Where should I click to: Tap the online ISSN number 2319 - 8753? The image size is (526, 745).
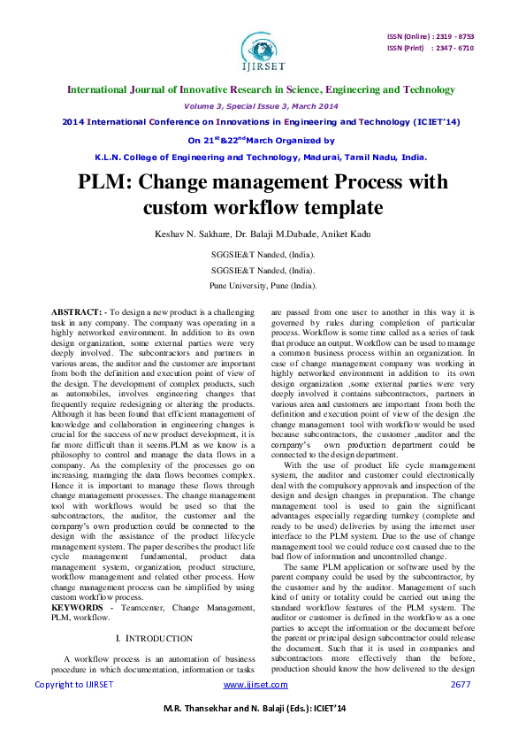(x=453, y=36)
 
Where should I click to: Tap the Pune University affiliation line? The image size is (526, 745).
(x=263, y=286)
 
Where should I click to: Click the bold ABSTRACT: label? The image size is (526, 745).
(x=77, y=313)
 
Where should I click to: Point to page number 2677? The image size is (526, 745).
(x=461, y=685)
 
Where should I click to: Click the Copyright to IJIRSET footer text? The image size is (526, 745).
(x=74, y=685)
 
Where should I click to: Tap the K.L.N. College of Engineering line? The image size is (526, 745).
(x=262, y=157)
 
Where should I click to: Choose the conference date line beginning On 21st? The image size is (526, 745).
(x=262, y=140)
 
